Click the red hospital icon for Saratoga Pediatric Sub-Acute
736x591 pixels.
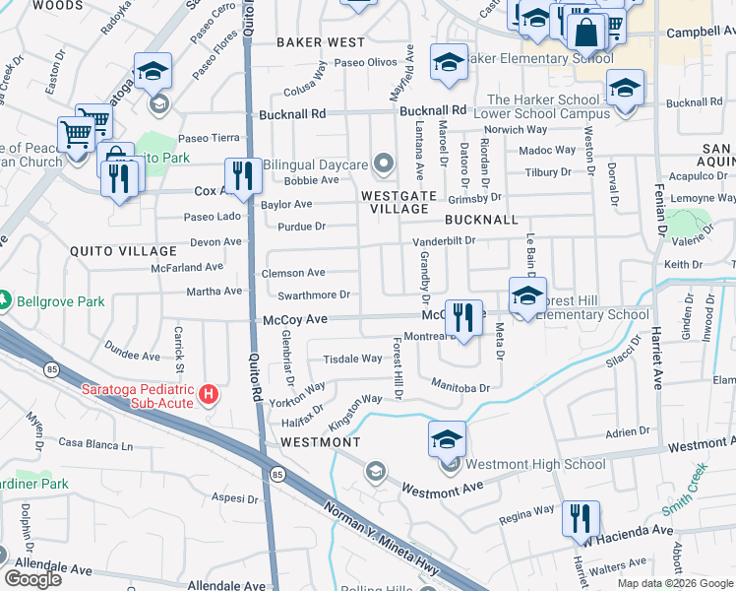[x=209, y=395]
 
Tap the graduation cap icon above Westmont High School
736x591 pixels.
[x=447, y=438]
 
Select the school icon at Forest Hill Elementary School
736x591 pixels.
[x=527, y=295]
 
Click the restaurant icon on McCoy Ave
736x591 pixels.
[x=463, y=317]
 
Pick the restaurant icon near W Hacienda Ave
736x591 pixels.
[x=581, y=518]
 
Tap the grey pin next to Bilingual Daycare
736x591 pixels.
[x=384, y=164]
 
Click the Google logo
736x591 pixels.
[x=33, y=579]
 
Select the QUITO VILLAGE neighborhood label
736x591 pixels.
[x=123, y=251]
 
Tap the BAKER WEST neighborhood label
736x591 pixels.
[x=321, y=42]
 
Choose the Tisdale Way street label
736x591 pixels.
[x=352, y=360]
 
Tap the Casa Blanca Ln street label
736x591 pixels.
[x=95, y=444]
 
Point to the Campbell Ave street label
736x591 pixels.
[x=701, y=33]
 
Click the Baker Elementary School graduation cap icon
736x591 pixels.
[x=449, y=61]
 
